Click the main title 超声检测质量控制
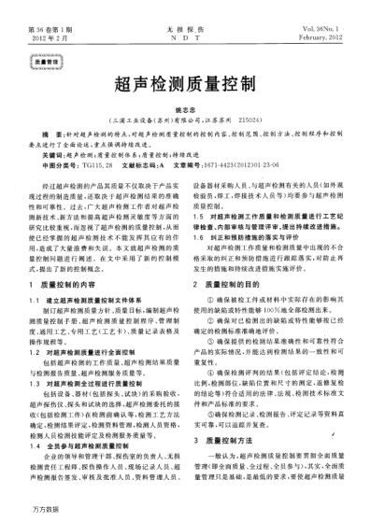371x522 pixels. [x=186, y=82]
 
